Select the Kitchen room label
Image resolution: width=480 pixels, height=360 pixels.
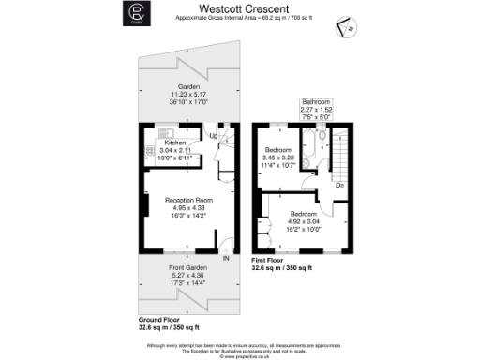(174, 143)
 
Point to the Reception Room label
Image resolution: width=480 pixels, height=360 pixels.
(190, 200)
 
